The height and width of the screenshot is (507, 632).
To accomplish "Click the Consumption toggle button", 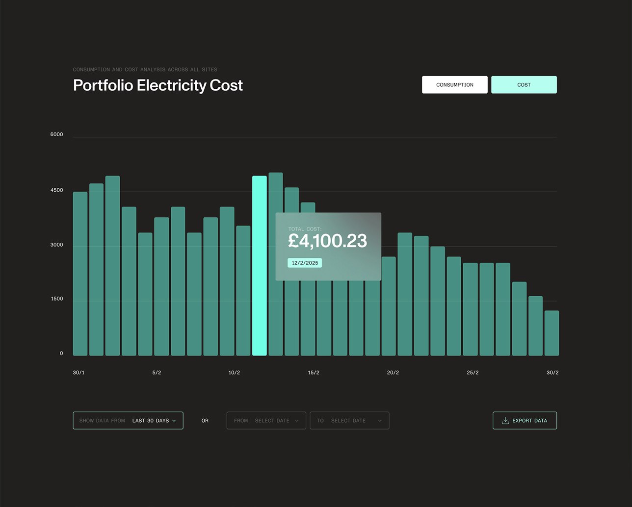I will click(x=454, y=85).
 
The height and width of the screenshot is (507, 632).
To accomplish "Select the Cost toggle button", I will click(x=524, y=85).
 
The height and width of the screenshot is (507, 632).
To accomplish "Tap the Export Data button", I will click(x=525, y=421).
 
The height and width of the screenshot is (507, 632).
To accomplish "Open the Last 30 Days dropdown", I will click(x=128, y=421).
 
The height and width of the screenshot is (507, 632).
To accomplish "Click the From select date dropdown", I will click(x=266, y=421).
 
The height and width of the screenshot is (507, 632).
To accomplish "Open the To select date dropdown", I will click(x=349, y=421).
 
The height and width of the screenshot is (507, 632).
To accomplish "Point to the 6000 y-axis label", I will click(x=57, y=134).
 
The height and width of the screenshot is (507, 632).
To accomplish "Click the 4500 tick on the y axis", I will click(x=57, y=190).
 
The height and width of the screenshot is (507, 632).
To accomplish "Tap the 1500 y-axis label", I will click(x=57, y=299).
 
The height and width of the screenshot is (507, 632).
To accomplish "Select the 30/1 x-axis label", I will click(x=79, y=373).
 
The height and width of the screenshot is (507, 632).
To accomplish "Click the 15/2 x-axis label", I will click(x=314, y=373).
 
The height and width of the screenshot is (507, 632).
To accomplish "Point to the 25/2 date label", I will click(x=473, y=373).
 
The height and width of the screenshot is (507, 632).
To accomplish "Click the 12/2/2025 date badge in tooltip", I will click(x=305, y=263).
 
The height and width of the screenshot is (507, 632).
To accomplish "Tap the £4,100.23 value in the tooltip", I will click(x=327, y=241).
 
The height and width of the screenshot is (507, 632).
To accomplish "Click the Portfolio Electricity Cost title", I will click(x=158, y=85).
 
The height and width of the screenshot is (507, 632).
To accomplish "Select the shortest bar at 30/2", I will click(x=552, y=333).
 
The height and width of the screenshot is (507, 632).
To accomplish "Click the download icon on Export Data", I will click(x=505, y=421).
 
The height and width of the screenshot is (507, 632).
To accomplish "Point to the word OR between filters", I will click(x=205, y=421).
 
